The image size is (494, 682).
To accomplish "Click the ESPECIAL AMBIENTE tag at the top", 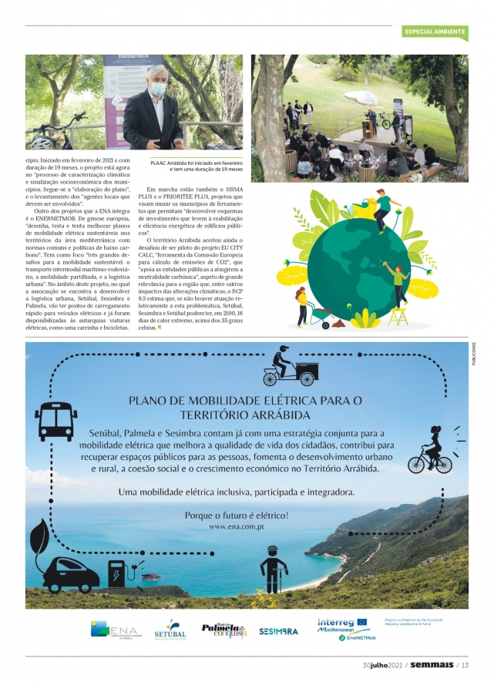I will (x=435, y=32).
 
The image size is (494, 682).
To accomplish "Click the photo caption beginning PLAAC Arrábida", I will (x=197, y=168).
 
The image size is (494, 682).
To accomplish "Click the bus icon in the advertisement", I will (x=55, y=420).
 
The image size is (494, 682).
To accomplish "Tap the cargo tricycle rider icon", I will (x=288, y=369).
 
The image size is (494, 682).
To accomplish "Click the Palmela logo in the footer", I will (x=223, y=630).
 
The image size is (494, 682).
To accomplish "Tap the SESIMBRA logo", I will (x=278, y=631).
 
